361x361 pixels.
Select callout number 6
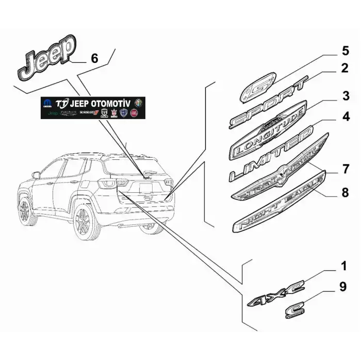click(x=94, y=58)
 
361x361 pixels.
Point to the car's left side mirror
click(x=36, y=175)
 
